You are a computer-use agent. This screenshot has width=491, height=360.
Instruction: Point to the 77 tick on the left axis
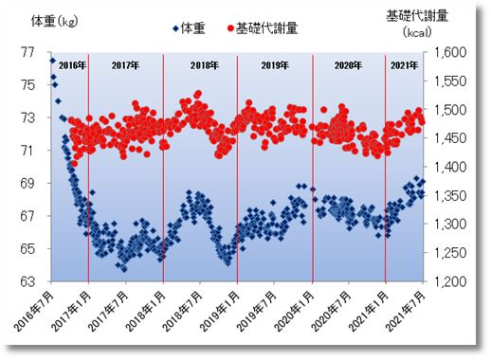[x=27, y=52]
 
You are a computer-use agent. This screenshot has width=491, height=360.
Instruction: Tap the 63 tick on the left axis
[x=27, y=281]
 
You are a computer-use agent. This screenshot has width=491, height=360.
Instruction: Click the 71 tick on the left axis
[x=27, y=151]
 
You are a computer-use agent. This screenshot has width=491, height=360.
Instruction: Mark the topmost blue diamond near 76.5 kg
[x=52, y=61]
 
